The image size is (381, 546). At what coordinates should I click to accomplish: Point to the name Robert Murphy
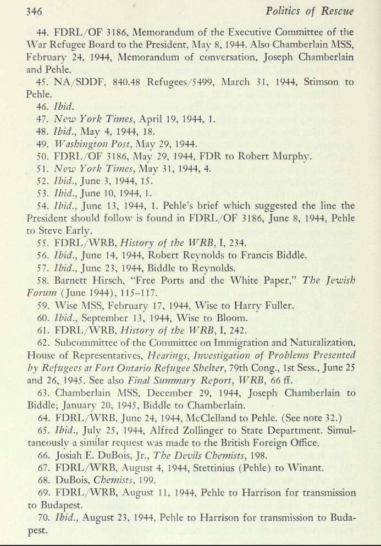[x=278, y=156]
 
